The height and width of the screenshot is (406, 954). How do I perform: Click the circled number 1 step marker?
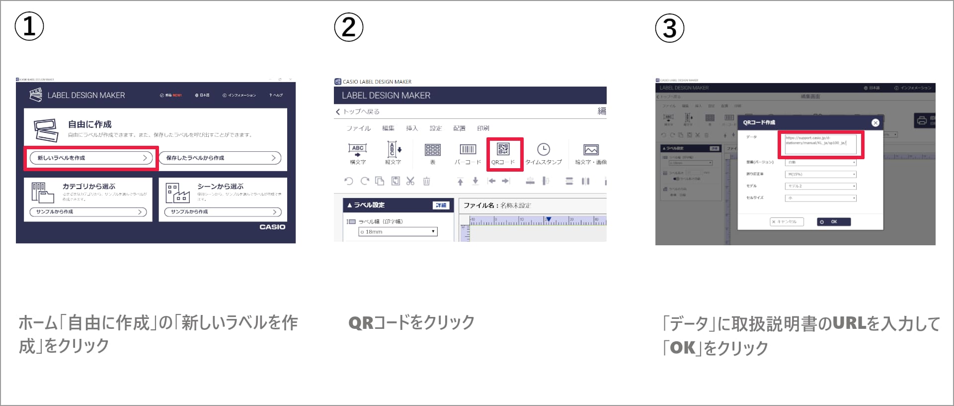pos(29,26)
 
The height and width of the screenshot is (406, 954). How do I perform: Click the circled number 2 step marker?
pos(348,27)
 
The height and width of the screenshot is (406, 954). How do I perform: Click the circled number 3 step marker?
pos(669,28)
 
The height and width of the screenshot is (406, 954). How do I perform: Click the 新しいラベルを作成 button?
pos(91,158)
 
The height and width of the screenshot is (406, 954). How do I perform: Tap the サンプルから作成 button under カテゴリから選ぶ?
pos(88,212)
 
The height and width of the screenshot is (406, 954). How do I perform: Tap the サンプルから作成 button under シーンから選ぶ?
pos(223,212)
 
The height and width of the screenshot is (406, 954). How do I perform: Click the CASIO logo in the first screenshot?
pos(272,227)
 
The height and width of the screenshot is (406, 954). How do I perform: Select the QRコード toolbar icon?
pos(503,153)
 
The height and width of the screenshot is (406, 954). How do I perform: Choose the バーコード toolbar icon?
pos(468,153)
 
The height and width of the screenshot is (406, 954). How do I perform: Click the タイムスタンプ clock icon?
pos(544,150)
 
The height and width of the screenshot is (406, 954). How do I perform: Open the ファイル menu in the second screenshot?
pos(358,128)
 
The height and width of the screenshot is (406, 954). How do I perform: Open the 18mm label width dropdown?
pos(397,232)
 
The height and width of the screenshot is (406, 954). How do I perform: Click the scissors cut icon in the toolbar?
pos(410,181)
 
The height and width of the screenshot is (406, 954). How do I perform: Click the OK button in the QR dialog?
pos(833,222)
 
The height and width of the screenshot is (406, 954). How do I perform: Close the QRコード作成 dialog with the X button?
pos(875,122)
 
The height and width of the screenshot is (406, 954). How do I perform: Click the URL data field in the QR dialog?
pos(820,144)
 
